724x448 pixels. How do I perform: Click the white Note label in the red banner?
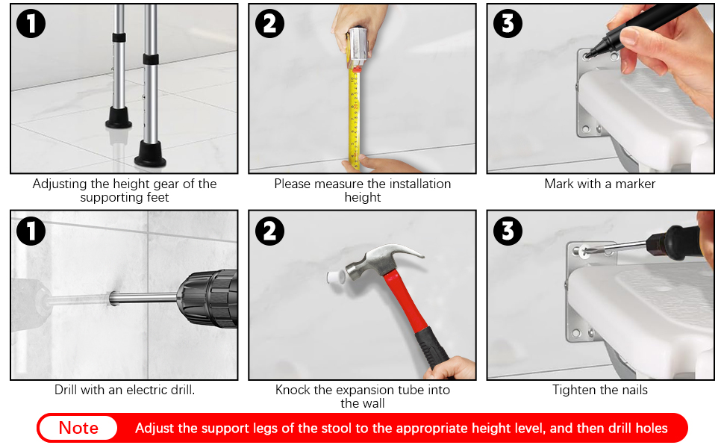[x=78, y=428]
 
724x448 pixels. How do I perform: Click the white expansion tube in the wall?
[x=336, y=278]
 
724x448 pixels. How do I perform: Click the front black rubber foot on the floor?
[x=150, y=155]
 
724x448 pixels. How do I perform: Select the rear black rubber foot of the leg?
[x=118, y=117]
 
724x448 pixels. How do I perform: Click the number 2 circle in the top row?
[x=269, y=23]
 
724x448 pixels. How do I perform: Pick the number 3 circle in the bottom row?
[x=508, y=231]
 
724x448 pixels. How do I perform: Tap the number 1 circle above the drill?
[x=31, y=231]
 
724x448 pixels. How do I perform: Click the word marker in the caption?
[x=635, y=184]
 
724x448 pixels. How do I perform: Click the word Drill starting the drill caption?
[x=66, y=390]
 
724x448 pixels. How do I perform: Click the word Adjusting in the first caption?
[x=60, y=184]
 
